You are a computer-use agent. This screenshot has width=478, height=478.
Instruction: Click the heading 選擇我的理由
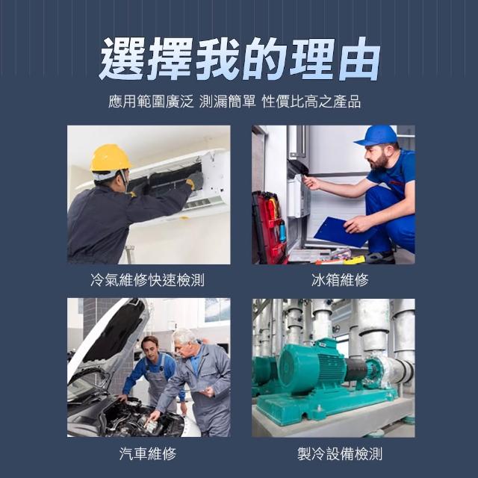(x=239, y=58)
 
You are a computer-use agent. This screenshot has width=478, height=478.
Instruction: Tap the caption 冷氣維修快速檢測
(x=147, y=280)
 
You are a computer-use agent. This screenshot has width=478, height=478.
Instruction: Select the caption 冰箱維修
(x=340, y=280)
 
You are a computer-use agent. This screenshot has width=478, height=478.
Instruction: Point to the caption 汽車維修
(x=148, y=453)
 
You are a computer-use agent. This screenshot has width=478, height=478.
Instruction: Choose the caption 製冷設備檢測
(x=340, y=453)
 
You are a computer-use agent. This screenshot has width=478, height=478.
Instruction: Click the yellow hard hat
(x=111, y=158)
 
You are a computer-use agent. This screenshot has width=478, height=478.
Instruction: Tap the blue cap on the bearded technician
(x=376, y=136)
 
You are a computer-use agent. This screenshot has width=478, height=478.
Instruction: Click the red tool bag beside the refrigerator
(x=268, y=227)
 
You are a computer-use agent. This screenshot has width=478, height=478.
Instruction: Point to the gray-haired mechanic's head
(x=184, y=342)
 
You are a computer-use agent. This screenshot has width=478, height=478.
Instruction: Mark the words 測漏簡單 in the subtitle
(x=227, y=102)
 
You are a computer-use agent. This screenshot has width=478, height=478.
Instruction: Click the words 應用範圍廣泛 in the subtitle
(x=151, y=102)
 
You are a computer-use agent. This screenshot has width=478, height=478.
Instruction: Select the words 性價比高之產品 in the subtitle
(x=311, y=102)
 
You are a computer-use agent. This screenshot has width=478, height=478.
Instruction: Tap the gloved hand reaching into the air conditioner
(x=195, y=181)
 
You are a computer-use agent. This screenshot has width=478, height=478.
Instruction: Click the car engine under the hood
(x=137, y=418)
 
